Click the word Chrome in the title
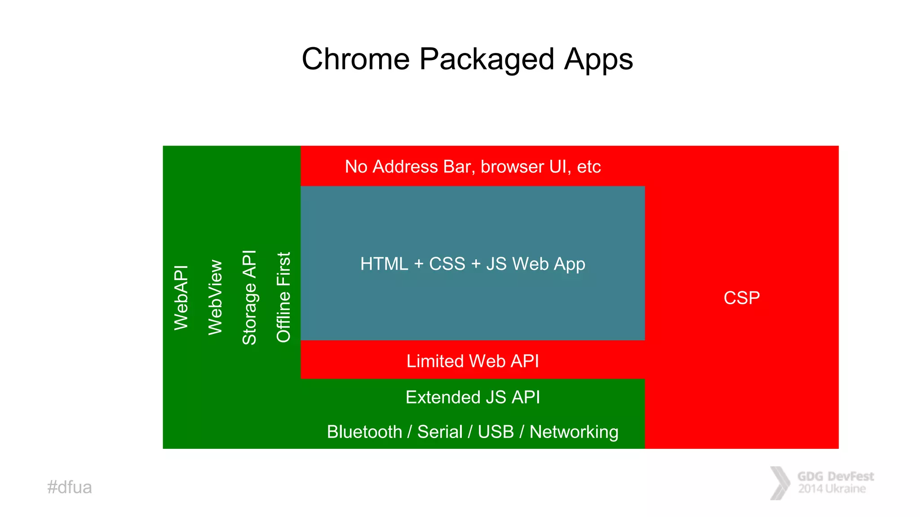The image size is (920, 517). [355, 59]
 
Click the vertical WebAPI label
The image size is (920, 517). [181, 298]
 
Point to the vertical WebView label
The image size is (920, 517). [215, 297]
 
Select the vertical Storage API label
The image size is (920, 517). [249, 297]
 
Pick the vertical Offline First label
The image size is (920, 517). [283, 297]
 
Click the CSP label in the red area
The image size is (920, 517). [742, 298]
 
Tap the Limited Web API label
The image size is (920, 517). [473, 361]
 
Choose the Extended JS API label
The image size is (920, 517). [473, 397]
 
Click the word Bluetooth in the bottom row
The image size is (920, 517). [364, 432]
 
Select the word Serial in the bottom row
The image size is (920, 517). [440, 432]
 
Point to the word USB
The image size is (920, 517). [495, 432]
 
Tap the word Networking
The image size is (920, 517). [574, 432]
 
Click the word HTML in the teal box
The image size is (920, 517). [384, 264]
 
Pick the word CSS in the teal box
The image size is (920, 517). [447, 264]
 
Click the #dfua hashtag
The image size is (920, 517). [70, 487]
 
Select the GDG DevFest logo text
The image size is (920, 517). [835, 482]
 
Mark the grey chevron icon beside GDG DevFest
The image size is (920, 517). [780, 483]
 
